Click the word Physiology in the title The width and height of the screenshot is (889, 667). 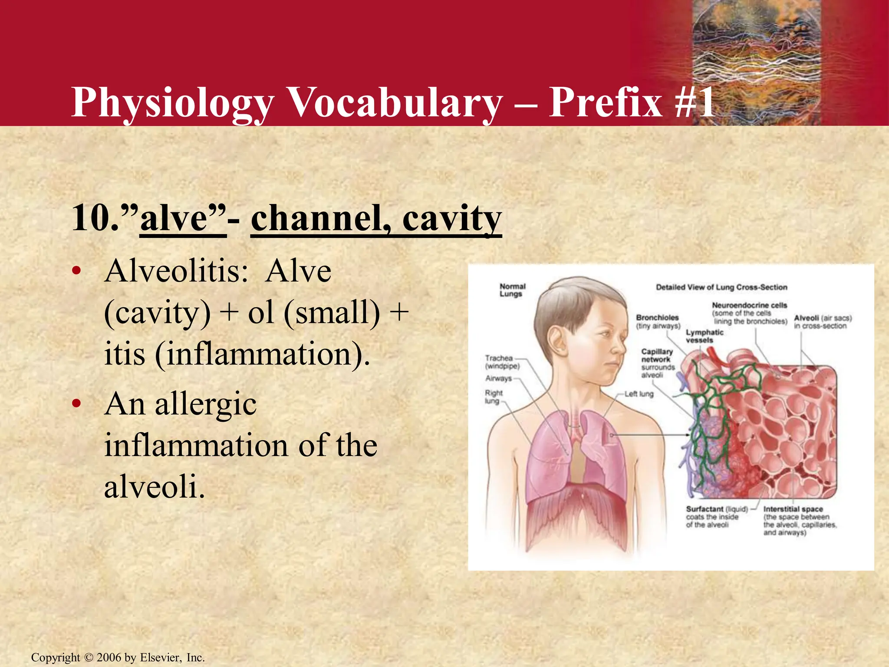pyautogui.click(x=172, y=103)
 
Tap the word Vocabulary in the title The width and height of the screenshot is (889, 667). pyautogui.click(x=395, y=103)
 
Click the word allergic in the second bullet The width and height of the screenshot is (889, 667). pyautogui.click(x=206, y=404)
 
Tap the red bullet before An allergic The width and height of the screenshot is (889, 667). pyautogui.click(x=76, y=404)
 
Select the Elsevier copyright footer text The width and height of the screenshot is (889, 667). pyautogui.click(x=118, y=657)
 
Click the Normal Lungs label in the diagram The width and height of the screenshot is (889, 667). pyautogui.click(x=512, y=290)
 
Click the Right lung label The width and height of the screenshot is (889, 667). pyautogui.click(x=493, y=396)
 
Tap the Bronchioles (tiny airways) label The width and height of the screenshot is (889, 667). pyautogui.click(x=658, y=322)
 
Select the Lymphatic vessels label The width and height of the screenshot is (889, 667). pyautogui.click(x=704, y=336)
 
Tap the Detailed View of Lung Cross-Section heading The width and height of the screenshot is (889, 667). pyautogui.click(x=721, y=287)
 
